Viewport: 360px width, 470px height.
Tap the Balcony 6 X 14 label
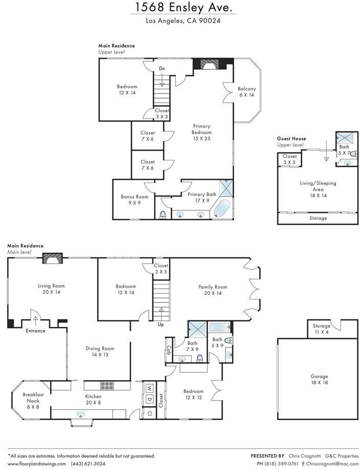(x=246, y=92)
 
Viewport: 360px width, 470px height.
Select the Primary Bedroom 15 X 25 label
(x=201, y=132)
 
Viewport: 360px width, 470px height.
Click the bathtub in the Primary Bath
(x=222, y=208)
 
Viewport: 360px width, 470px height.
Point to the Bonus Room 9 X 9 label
(x=134, y=200)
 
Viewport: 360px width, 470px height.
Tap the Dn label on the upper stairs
(x=162, y=68)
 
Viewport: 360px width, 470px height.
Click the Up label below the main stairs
(x=161, y=324)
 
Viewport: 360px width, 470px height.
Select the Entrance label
(x=35, y=331)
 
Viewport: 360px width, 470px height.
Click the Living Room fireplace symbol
(x=53, y=258)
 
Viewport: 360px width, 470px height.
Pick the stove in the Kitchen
(x=107, y=385)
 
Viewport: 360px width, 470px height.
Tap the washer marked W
(x=149, y=388)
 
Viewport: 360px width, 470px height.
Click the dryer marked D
(x=149, y=399)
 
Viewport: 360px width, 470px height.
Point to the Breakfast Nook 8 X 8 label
(x=33, y=401)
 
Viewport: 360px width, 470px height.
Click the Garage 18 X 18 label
(x=319, y=379)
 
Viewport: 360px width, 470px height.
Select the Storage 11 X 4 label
(x=321, y=329)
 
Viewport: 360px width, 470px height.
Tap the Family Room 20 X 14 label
(x=213, y=290)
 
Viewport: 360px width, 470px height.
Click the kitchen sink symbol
(x=80, y=414)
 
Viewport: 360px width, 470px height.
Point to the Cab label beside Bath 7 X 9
(x=169, y=350)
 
